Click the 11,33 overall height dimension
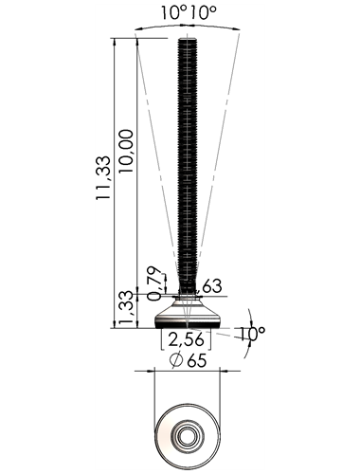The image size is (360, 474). tap(103, 177)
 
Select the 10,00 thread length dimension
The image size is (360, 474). tap(126, 151)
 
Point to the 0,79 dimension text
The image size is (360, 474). tap(154, 283)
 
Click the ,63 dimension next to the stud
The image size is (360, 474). tap(209, 286)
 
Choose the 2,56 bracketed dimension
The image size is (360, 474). tap(186, 340)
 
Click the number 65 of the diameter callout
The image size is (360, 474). tap(197, 360)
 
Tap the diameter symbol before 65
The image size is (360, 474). tap(176, 360)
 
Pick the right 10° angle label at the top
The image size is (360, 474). tap(204, 13)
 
